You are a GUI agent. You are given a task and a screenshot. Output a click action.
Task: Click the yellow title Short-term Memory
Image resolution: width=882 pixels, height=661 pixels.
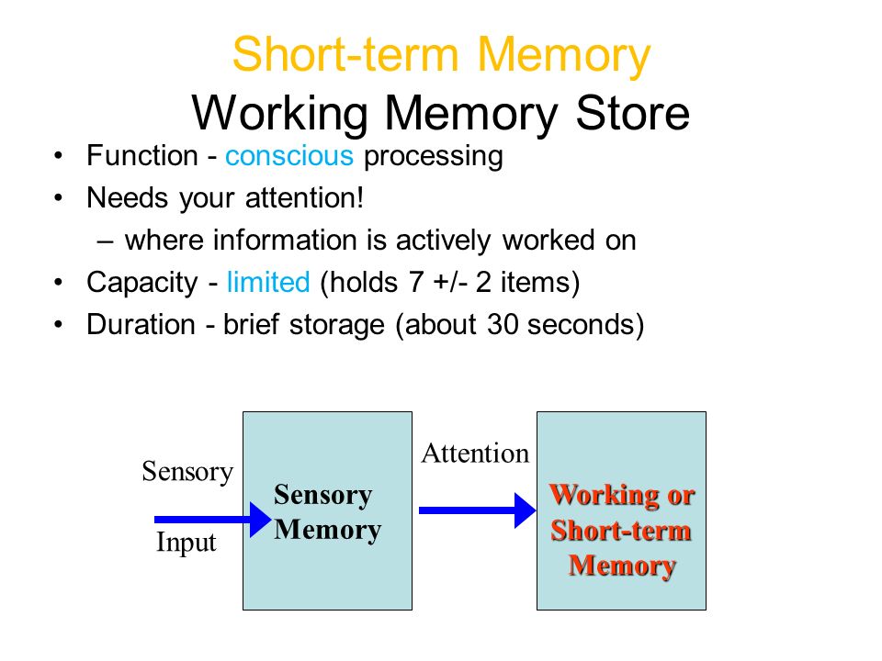pyautogui.click(x=442, y=56)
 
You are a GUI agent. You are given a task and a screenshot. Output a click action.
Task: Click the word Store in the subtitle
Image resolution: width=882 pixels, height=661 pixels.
pyautogui.click(x=633, y=113)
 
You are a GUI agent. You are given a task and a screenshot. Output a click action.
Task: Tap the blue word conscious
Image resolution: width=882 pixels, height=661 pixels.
pyautogui.click(x=289, y=156)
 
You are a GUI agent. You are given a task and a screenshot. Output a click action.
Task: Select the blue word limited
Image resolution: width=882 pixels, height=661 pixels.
pyautogui.click(x=268, y=282)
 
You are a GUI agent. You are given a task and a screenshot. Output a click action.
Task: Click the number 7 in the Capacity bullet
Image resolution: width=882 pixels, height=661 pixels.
pyautogui.click(x=416, y=282)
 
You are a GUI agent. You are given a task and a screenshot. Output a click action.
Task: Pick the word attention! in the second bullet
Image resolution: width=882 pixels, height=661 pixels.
pyautogui.click(x=305, y=198)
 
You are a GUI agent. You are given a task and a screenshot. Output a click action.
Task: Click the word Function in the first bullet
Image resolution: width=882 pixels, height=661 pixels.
pyautogui.click(x=142, y=156)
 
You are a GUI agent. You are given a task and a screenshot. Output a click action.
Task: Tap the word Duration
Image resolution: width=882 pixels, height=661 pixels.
pyautogui.click(x=141, y=324)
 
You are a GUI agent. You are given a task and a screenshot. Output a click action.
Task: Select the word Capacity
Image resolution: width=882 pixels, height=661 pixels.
pyautogui.click(x=142, y=283)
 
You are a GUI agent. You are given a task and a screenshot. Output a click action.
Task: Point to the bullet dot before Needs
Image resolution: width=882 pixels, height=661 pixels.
pyautogui.click(x=59, y=198)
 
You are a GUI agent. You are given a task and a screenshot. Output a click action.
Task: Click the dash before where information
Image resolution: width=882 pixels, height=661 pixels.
pyautogui.click(x=105, y=241)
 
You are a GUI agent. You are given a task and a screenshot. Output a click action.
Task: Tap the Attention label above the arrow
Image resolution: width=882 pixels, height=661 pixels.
pyautogui.click(x=475, y=453)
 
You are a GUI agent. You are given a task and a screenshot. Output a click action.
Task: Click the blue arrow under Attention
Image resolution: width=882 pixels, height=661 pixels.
pyautogui.click(x=478, y=510)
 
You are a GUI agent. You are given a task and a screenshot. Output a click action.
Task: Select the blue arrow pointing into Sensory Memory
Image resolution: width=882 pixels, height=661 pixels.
pyautogui.click(x=213, y=520)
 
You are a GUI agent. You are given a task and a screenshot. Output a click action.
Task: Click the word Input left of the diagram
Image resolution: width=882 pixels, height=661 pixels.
pyautogui.click(x=187, y=543)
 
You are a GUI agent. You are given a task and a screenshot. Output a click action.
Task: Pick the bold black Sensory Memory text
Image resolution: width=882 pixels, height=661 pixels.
pyautogui.click(x=328, y=512)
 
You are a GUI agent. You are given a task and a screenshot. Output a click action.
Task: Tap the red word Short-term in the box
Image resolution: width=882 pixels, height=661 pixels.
pyautogui.click(x=621, y=531)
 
